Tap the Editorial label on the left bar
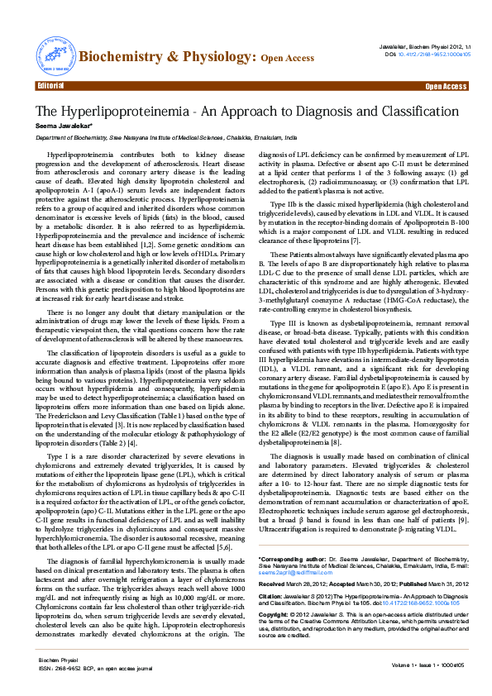click(x=51, y=86)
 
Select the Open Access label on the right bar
click(x=446, y=86)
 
